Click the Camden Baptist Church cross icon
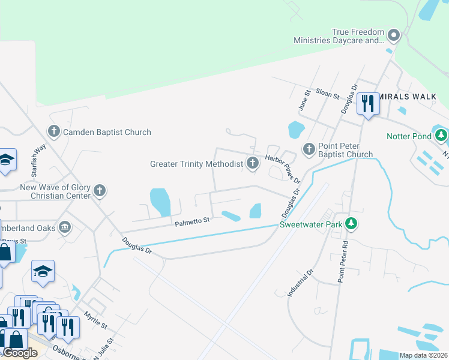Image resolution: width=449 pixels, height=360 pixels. click(54, 132)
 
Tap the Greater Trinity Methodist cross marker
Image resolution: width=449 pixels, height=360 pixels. click(253, 163)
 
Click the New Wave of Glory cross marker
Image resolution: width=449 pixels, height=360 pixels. click(100, 191)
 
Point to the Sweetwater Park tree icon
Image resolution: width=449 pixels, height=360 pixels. click(352, 225)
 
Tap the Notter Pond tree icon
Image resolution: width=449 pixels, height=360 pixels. click(441, 136)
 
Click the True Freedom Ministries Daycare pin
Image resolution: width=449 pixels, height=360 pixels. click(394, 35)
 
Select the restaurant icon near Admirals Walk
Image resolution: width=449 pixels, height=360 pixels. click(367, 104)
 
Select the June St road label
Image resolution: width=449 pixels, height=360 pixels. click(304, 100)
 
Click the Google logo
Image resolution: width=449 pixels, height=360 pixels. click(20, 353)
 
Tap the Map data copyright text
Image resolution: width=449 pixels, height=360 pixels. click(424, 355)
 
